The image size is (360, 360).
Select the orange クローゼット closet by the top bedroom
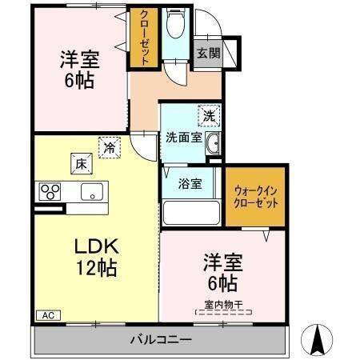(144, 38)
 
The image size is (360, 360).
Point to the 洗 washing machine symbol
(208, 115)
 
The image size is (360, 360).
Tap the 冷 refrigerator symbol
(108, 146)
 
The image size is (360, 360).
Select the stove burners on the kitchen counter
(50, 192)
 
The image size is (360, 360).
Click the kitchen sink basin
(92, 192)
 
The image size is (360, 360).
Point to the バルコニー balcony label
(160, 340)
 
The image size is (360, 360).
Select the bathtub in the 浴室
(190, 213)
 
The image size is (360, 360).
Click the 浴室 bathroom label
(190, 182)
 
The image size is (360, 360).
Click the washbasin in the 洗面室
(214, 145)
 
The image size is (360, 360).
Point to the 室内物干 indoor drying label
(222, 305)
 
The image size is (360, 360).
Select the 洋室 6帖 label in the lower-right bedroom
(222, 272)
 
